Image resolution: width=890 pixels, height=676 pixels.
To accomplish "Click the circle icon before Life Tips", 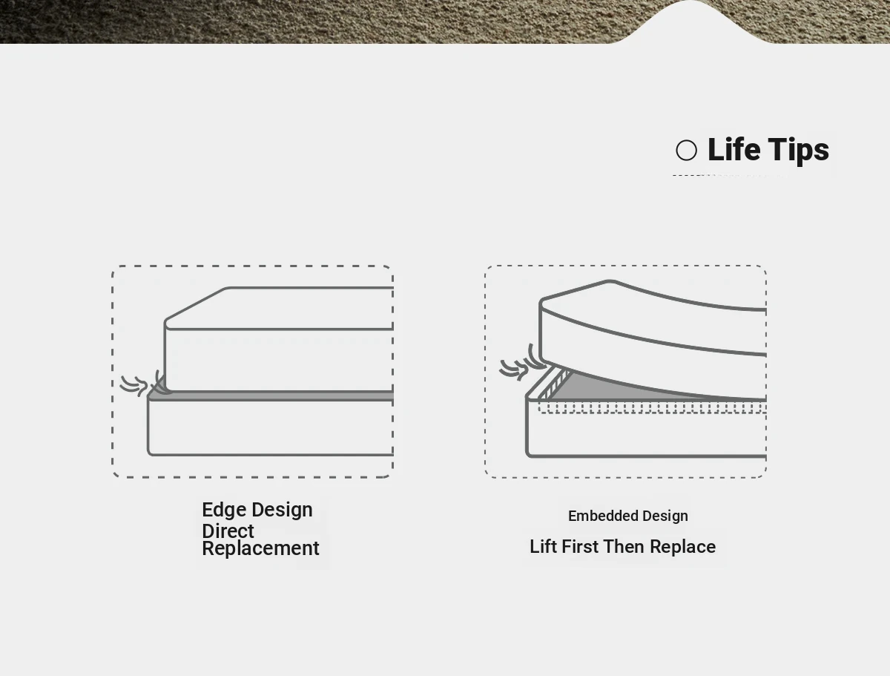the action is coord(686,150).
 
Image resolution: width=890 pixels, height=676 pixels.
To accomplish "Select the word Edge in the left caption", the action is coord(224,510).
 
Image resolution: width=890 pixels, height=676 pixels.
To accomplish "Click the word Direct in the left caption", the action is coord(228,531).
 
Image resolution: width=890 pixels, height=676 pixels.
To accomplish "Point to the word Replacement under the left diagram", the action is coord(261,548).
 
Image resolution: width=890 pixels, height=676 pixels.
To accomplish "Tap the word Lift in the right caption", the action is coord(544,547).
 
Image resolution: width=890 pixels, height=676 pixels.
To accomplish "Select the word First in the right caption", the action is coord(580,547).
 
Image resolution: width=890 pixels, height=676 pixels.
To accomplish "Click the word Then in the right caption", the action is coord(624,547).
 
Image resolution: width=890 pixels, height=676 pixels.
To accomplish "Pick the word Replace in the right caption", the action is coord(683,547).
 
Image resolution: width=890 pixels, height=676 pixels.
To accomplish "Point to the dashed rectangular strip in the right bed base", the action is coord(652,408).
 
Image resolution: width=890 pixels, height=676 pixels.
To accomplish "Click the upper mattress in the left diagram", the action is coord(279,339).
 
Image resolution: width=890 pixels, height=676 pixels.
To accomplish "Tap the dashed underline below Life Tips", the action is coord(730,176).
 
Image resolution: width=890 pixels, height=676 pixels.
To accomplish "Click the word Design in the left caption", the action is coord(283,510).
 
